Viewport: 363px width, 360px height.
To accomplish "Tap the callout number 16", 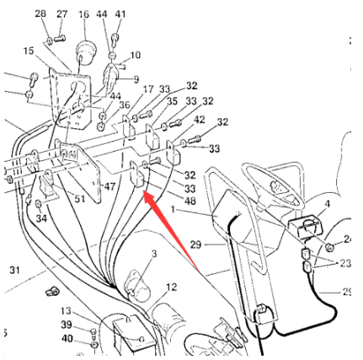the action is click(x=83, y=14).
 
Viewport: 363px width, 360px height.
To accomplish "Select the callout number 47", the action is click(x=109, y=186).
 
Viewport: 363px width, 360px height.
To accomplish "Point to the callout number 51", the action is click(x=79, y=199).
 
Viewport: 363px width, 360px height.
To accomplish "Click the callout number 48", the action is click(x=190, y=201).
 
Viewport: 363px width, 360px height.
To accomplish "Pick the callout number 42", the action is click(x=199, y=120).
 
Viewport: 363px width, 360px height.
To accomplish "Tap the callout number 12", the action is click(x=172, y=287).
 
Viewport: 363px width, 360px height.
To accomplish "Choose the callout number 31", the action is click(x=15, y=271).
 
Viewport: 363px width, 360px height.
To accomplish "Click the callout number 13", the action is click(x=67, y=311).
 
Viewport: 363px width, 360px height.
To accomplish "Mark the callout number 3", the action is click(x=154, y=254).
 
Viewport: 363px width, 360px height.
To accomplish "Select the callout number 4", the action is click(x=327, y=204).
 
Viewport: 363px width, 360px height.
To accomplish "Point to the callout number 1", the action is click(x=173, y=209).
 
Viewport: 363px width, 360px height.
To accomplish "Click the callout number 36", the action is click(x=125, y=105).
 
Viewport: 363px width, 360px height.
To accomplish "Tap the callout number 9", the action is click(x=136, y=79).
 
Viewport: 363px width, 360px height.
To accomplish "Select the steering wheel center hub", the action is click(x=275, y=185).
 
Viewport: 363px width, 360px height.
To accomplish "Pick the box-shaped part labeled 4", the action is click(x=306, y=226).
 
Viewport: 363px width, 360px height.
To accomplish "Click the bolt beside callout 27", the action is click(x=60, y=38).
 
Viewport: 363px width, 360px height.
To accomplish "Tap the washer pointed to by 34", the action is click(x=39, y=203).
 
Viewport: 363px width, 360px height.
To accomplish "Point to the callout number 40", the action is click(x=67, y=338).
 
